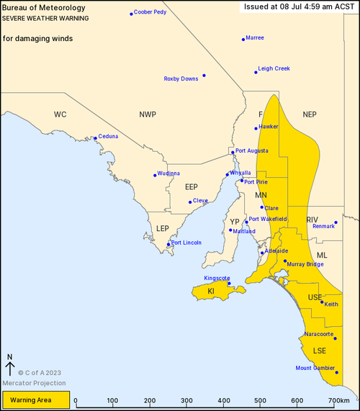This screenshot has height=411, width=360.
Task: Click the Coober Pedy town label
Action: pyautogui.click(x=150, y=12)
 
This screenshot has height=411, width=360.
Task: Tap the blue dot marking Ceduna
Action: pyautogui.click(x=95, y=138)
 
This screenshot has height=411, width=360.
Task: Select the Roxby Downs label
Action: pyautogui.click(x=181, y=78)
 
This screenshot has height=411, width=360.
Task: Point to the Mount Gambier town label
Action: pyautogui.click(x=315, y=368)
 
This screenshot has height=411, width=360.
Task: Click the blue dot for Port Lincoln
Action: pyautogui.click(x=168, y=245)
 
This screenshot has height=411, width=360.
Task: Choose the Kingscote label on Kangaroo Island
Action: pyautogui.click(x=217, y=277)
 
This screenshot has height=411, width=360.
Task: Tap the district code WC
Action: pyautogui.click(x=60, y=114)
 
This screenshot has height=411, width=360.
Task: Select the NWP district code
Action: pyautogui.click(x=148, y=114)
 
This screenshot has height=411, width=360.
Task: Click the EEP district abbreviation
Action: pyautogui.click(x=191, y=187)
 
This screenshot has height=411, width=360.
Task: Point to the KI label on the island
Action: pyautogui.click(x=211, y=292)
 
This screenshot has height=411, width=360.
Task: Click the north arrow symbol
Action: pyautogui.click(x=10, y=365)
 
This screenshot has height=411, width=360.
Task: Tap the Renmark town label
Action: pyautogui.click(x=324, y=227)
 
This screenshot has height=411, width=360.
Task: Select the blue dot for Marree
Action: pyautogui.click(x=243, y=39)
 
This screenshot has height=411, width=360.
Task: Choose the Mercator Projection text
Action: pyautogui.click(x=27, y=381)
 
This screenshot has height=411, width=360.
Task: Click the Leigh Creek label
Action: pyautogui.click(x=275, y=68)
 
